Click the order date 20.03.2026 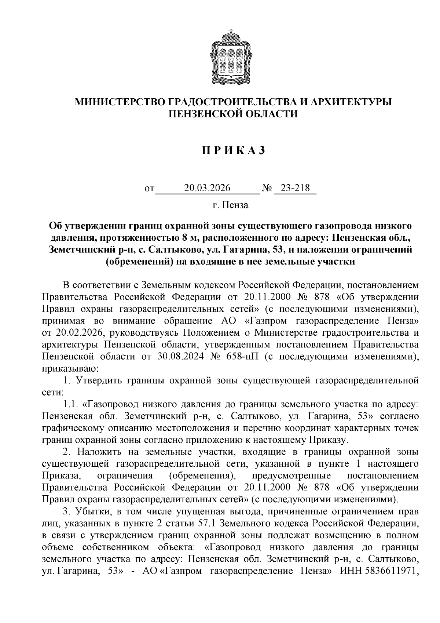coord(207,188)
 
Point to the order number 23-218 coord(295,188)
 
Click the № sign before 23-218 coord(267,189)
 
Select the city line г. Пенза coord(230,205)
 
